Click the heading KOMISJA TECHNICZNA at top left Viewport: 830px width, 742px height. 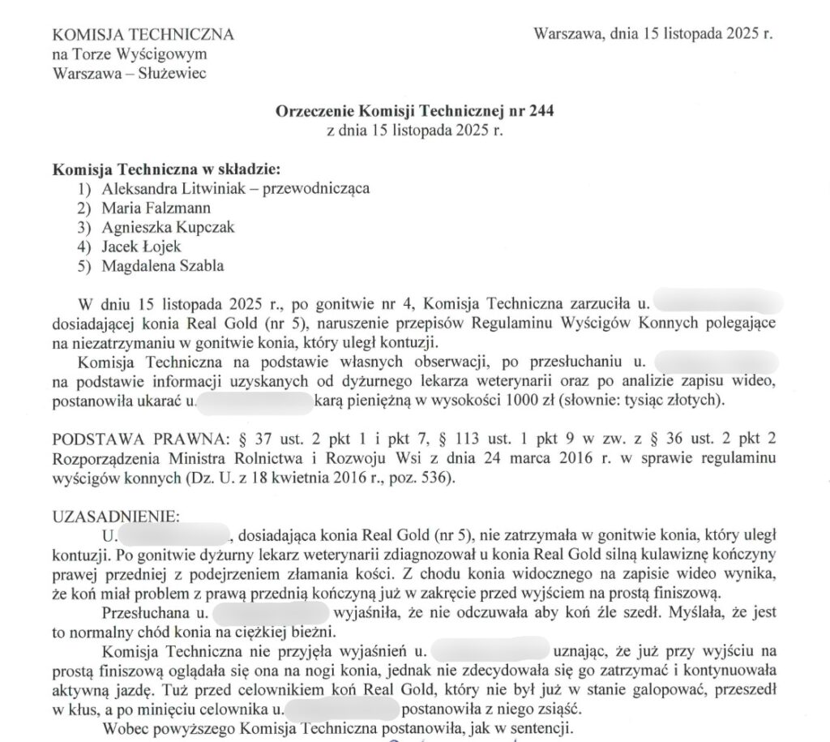coord(143,35)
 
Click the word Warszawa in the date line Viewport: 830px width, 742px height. coord(567,34)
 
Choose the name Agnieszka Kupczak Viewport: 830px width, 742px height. coord(168,227)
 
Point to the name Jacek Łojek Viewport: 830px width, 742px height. coord(141,247)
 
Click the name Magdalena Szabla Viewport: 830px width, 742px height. coord(163,266)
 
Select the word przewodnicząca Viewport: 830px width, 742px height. coord(318,188)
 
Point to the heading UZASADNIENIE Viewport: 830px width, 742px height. coord(111,516)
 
